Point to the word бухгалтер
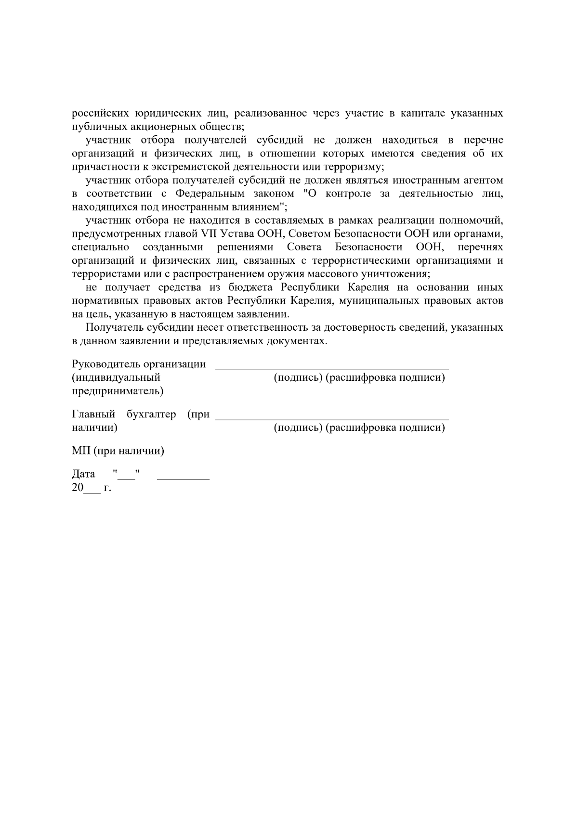pos(151,414)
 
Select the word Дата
pos(83,474)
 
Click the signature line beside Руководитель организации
pos(332,368)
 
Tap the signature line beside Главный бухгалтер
pos(332,419)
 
